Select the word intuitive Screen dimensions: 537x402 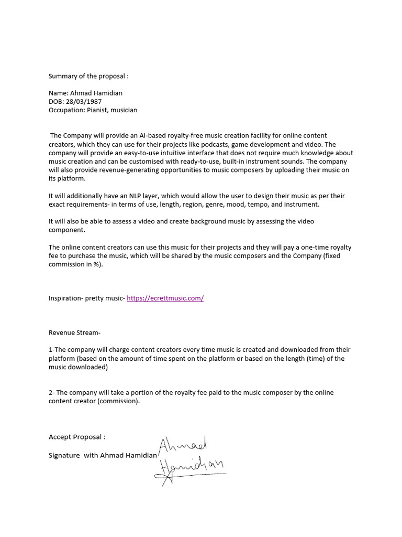coord(170,153)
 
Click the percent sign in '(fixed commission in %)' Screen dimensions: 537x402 coord(94,264)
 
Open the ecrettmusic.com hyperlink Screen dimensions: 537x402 coord(165,298)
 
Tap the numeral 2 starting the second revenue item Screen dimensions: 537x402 coord(51,392)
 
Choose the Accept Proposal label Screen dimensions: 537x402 coord(77,437)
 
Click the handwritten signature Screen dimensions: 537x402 coord(188,459)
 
